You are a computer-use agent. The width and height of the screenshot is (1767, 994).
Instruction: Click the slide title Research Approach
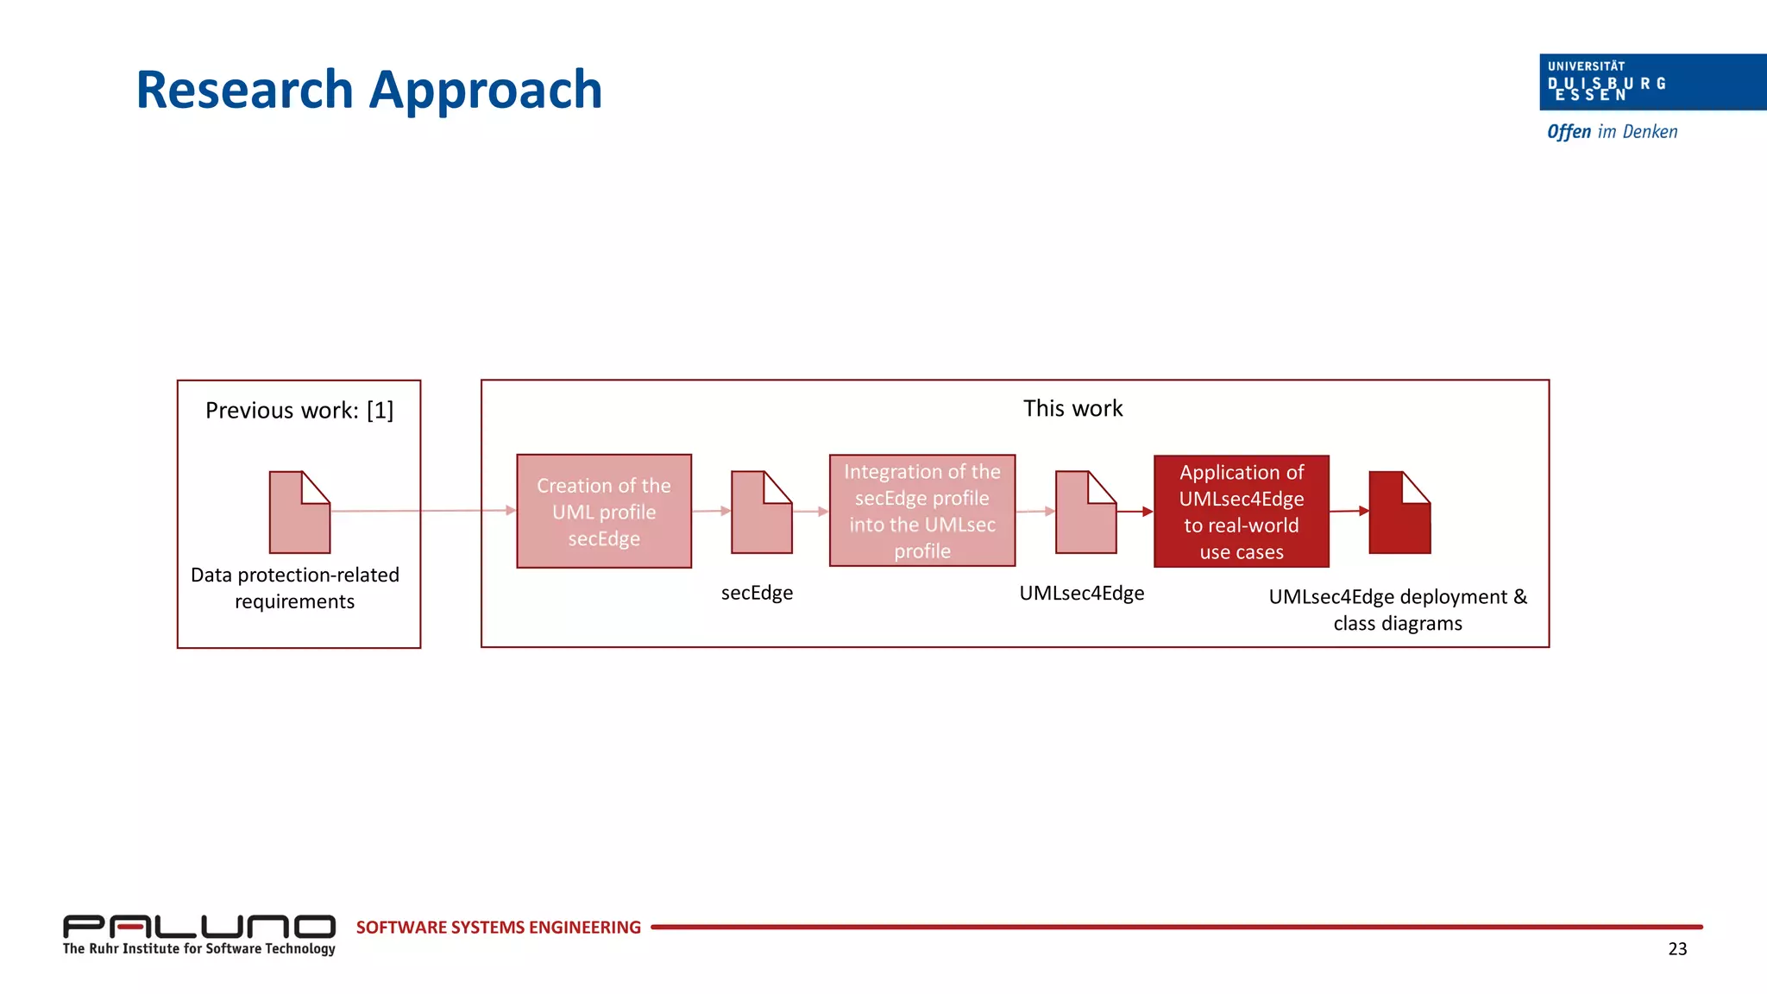tap(368, 90)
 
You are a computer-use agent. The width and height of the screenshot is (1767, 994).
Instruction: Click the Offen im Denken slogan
tap(1612, 132)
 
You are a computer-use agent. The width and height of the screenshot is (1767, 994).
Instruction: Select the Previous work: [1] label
tap(299, 410)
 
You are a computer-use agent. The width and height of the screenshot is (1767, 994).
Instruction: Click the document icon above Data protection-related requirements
tap(299, 513)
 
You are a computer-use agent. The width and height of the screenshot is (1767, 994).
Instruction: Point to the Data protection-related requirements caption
tap(295, 588)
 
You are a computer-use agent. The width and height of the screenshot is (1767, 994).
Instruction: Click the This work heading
tap(1072, 408)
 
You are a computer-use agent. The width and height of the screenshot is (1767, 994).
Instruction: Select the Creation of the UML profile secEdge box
tap(604, 511)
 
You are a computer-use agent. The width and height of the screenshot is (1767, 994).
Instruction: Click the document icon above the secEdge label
tap(761, 513)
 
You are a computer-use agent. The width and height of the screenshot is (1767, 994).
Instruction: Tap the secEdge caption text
tap(757, 593)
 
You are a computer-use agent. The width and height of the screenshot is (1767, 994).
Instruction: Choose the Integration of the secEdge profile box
tap(921, 511)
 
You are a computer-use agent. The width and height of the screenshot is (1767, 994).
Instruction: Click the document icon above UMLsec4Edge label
tap(1085, 513)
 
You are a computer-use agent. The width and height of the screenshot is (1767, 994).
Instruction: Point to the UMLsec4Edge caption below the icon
tap(1081, 593)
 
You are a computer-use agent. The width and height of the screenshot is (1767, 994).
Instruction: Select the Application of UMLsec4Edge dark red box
tap(1241, 512)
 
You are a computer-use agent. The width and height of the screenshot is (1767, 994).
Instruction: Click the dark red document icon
tap(1399, 513)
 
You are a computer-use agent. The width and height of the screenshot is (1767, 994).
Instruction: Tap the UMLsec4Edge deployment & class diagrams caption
tap(1397, 609)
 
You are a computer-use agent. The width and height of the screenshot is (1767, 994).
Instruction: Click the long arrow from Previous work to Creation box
tap(423, 511)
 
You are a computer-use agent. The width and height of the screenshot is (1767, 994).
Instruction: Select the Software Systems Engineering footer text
tap(498, 928)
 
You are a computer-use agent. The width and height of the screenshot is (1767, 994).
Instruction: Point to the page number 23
tap(1676, 949)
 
